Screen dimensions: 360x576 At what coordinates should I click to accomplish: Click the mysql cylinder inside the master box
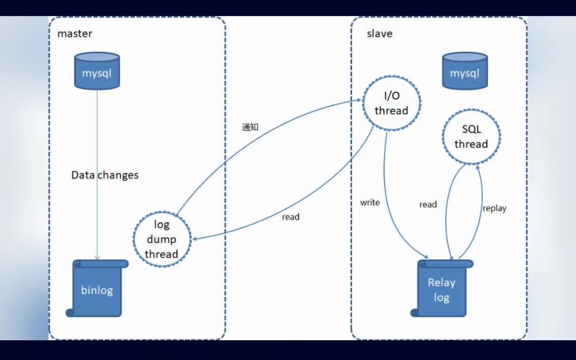(97, 71)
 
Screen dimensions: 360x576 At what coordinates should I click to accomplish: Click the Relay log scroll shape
(442, 289)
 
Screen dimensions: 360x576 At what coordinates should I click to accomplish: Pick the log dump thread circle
(161, 239)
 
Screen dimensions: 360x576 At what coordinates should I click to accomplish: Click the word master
(75, 34)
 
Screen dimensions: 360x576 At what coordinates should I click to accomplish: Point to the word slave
(379, 34)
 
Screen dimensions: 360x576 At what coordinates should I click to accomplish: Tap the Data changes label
(105, 175)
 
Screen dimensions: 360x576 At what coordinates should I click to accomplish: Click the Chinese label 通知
(250, 127)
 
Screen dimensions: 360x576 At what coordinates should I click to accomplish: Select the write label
(370, 203)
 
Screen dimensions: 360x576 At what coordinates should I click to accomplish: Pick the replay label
(494, 209)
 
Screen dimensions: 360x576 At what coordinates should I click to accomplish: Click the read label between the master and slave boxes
(291, 217)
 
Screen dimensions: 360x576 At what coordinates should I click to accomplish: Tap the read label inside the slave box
(428, 204)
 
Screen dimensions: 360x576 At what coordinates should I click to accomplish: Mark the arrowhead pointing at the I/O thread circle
(360, 100)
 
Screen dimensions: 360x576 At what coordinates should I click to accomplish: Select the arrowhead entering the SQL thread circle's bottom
(478, 166)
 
